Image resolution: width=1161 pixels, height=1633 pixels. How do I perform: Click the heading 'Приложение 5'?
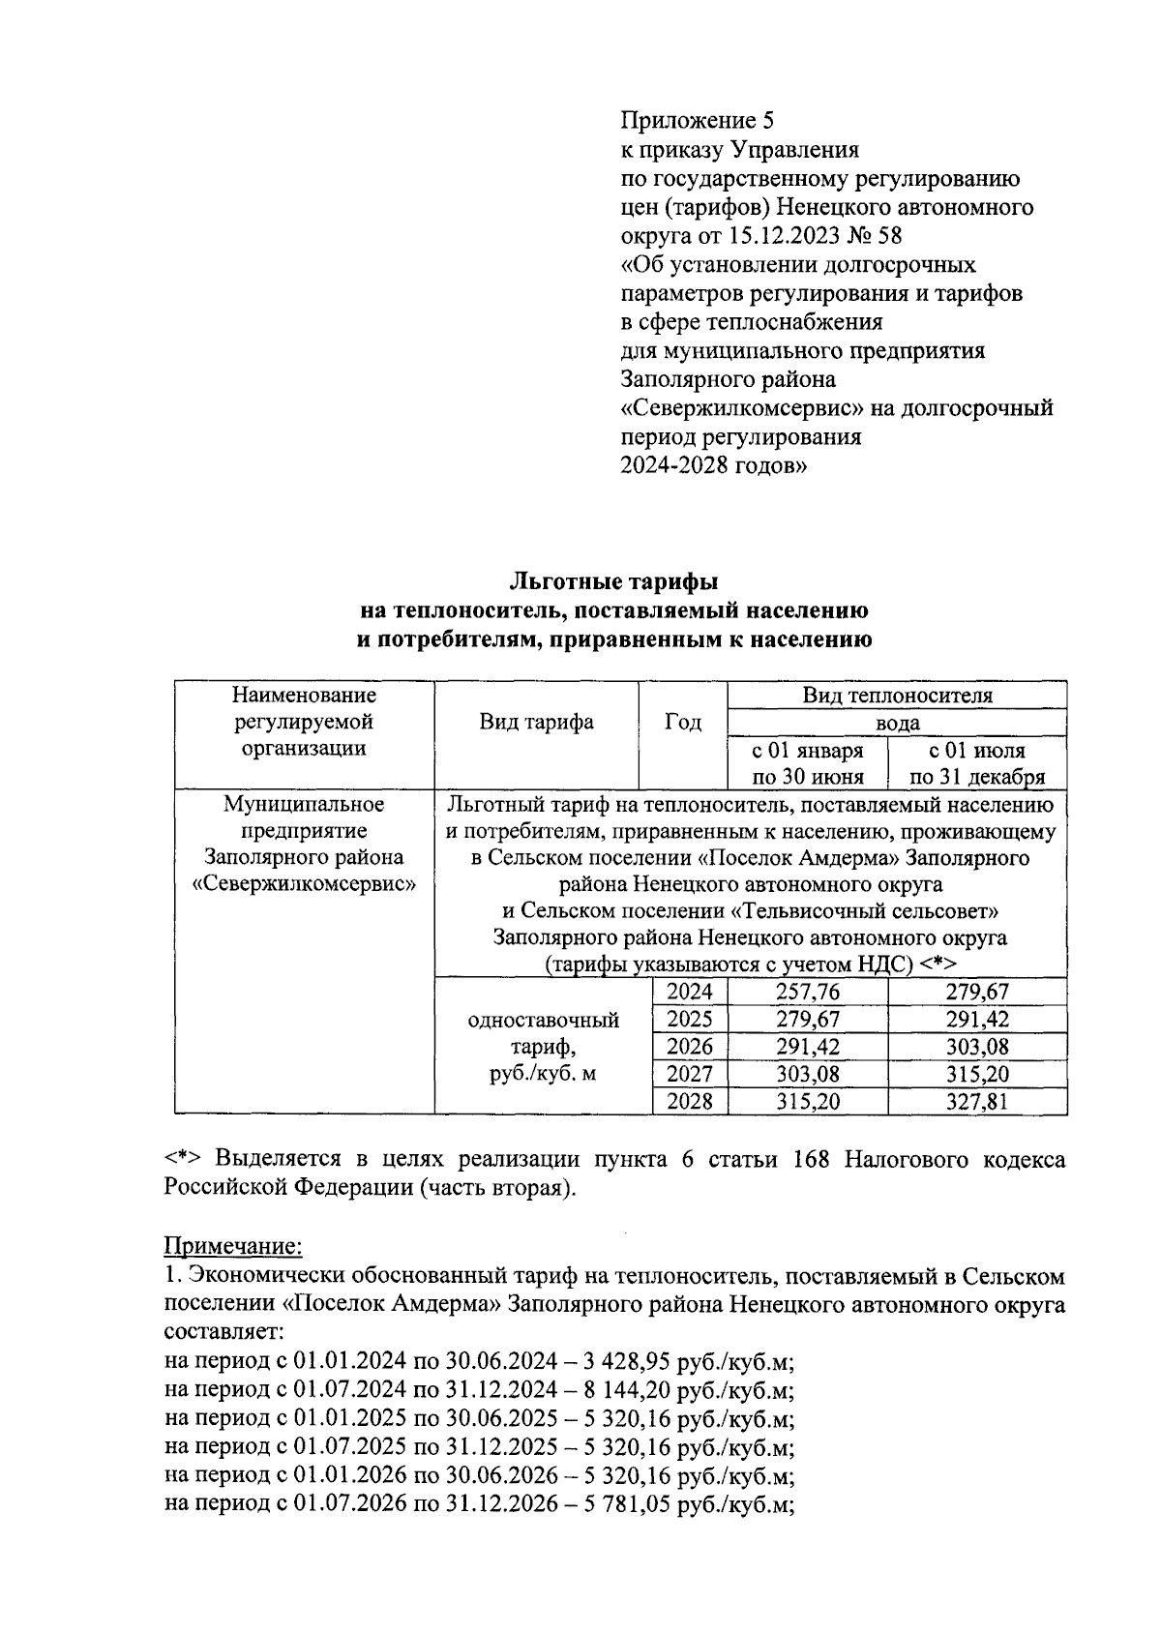(697, 121)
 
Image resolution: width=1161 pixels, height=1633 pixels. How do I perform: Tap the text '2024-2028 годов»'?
(713, 465)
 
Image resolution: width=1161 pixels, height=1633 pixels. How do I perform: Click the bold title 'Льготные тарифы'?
(614, 582)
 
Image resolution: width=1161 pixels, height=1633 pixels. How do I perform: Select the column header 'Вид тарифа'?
(537, 722)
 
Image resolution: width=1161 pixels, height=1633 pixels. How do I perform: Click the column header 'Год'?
(683, 722)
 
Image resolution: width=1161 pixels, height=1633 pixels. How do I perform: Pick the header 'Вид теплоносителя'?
(897, 696)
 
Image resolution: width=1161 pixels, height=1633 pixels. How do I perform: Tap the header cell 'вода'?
(897, 723)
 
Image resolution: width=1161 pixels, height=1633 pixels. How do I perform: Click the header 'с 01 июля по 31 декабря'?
(977, 763)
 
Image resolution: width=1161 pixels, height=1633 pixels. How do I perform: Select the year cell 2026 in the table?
(690, 1047)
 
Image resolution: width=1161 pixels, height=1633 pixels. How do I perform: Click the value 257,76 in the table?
(808, 992)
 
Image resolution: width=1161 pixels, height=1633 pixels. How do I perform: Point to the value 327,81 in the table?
(977, 1102)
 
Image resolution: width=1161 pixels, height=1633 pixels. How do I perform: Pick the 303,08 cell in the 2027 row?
(808, 1074)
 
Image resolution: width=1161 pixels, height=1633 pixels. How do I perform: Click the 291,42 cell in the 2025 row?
(977, 1019)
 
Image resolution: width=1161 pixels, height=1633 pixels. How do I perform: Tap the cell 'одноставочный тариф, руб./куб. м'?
(544, 1047)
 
